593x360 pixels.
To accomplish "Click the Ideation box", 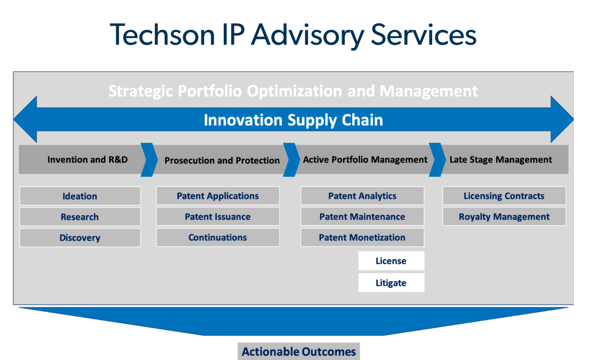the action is (x=80, y=196).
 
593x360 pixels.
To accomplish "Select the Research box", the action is (x=80, y=217).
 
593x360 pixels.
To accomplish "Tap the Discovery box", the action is (x=80, y=238).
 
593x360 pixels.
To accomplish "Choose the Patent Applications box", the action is (x=218, y=195).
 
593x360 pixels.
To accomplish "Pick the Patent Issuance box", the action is (x=218, y=216).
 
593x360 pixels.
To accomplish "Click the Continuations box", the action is (x=218, y=237).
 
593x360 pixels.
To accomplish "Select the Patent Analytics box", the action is (x=362, y=195).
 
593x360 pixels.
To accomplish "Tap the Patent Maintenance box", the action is (x=362, y=216).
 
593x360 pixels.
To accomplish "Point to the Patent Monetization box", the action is (x=362, y=237).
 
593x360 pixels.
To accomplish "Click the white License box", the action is (x=391, y=260).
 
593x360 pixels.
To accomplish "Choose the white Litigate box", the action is (x=391, y=282).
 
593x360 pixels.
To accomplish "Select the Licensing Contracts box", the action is (x=504, y=195).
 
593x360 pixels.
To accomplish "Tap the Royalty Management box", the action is (x=504, y=216).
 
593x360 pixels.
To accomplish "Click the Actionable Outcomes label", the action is (x=299, y=351).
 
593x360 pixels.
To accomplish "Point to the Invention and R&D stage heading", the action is (x=87, y=160).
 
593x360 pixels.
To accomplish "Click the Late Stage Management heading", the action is (x=501, y=160).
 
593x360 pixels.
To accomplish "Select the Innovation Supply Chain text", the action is (x=293, y=120).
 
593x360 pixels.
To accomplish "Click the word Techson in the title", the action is (x=163, y=35).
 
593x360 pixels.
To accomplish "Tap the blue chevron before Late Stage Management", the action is (x=437, y=160).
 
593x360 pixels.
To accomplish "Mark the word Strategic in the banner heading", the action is (x=141, y=91).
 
